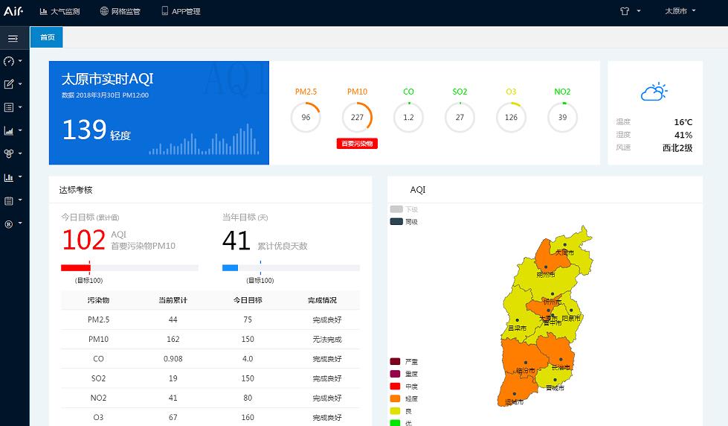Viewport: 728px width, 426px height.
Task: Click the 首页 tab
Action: pyautogui.click(x=47, y=37)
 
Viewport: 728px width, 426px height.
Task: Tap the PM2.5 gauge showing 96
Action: pyautogui.click(x=306, y=117)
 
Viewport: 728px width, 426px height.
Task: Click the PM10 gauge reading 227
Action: pyautogui.click(x=357, y=117)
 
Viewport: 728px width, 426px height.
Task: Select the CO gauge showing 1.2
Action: pyautogui.click(x=408, y=117)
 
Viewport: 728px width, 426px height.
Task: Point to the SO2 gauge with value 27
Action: pyautogui.click(x=460, y=117)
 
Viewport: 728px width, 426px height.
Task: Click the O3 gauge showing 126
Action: pyautogui.click(x=511, y=117)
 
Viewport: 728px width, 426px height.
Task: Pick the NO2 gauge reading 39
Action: pyautogui.click(x=562, y=117)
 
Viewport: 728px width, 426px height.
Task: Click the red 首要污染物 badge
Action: pyautogui.click(x=357, y=144)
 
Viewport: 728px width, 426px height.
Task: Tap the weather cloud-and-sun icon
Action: pyautogui.click(x=654, y=92)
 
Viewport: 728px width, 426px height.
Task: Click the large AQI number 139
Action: pyautogui.click(x=84, y=130)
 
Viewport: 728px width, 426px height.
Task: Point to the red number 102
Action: pyautogui.click(x=83, y=241)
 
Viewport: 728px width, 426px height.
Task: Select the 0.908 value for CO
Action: pyautogui.click(x=173, y=358)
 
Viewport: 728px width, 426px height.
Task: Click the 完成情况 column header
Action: pyautogui.click(x=322, y=300)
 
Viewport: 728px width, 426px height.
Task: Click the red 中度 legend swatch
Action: pyautogui.click(x=395, y=386)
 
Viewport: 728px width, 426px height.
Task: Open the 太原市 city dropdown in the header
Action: pyautogui.click(x=680, y=11)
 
